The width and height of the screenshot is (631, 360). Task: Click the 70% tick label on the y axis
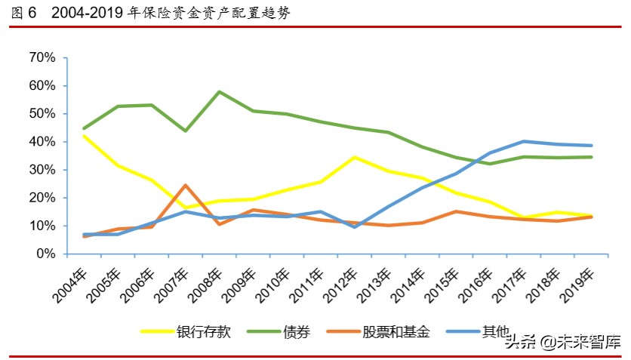(x=42, y=57)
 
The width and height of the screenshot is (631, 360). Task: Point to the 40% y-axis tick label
(x=42, y=142)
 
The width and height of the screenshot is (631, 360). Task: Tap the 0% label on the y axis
(x=45, y=254)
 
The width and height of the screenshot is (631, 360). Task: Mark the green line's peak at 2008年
(x=219, y=92)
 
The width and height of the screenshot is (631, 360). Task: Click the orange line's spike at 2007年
(x=185, y=185)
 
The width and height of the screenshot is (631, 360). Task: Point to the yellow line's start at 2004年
(x=84, y=136)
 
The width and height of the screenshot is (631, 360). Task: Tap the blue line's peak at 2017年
(x=524, y=141)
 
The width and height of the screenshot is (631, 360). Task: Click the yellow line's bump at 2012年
(x=355, y=157)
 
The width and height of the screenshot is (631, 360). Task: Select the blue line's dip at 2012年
(x=355, y=226)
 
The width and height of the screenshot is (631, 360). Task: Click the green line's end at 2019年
(x=592, y=157)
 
